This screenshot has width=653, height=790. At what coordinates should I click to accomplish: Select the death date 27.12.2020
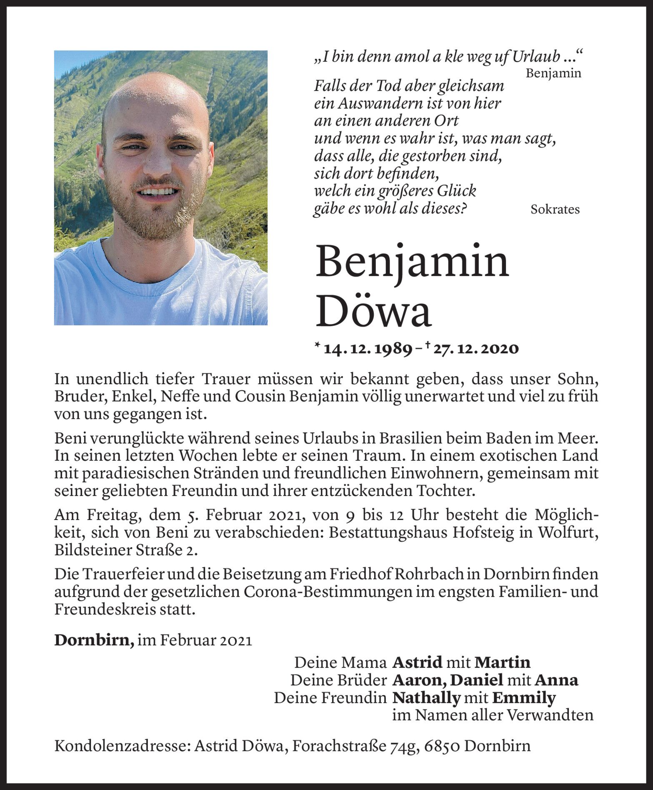(475, 349)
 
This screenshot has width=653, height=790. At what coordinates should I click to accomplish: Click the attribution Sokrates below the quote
(555, 210)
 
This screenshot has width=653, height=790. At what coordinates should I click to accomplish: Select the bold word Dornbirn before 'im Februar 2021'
(94, 640)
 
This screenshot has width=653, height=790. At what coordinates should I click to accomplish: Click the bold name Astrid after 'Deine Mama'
(417, 662)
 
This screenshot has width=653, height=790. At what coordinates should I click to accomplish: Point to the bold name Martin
(502, 662)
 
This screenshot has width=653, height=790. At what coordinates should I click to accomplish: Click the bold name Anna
(556, 680)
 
